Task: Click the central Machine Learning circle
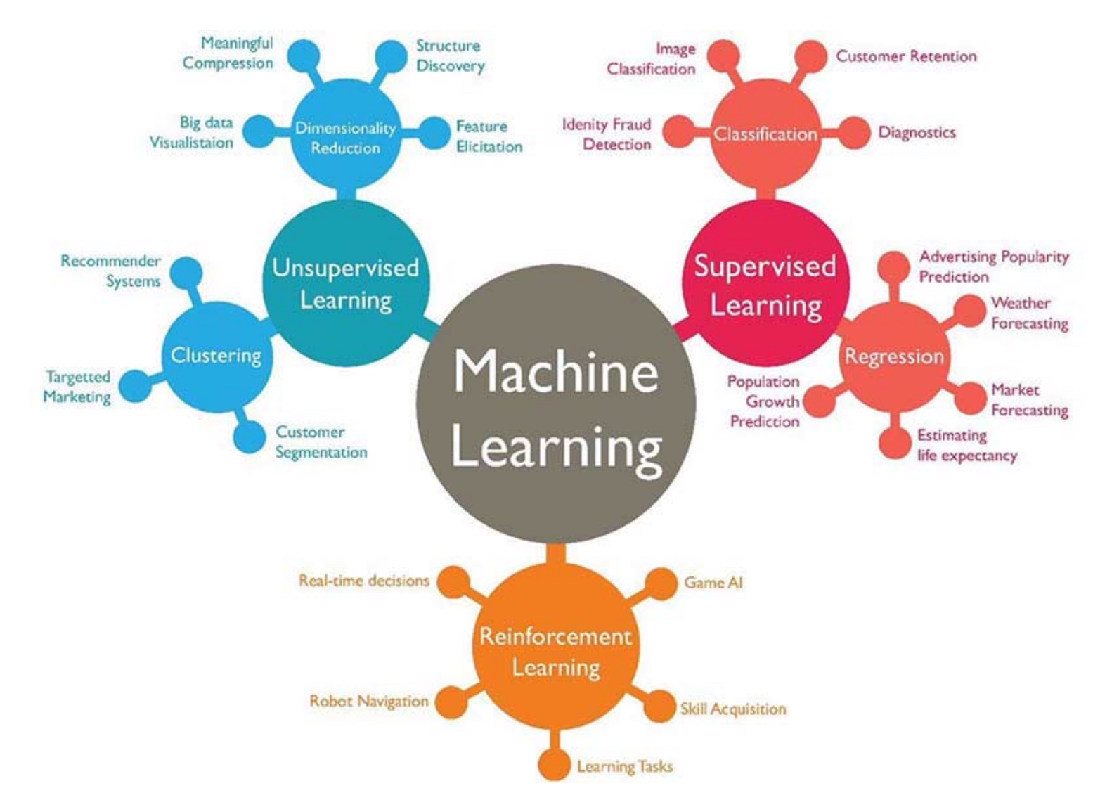556,404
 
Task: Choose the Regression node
895,357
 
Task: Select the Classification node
765,134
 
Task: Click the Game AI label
713,583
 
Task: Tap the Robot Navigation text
369,702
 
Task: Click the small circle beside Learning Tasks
554,765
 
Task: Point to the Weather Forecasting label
1030,314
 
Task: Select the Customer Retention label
906,56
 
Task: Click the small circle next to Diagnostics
854,133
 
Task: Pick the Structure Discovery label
450,56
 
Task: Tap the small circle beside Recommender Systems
186,273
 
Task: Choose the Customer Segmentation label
321,442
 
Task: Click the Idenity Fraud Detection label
607,134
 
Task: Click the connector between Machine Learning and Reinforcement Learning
556,554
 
